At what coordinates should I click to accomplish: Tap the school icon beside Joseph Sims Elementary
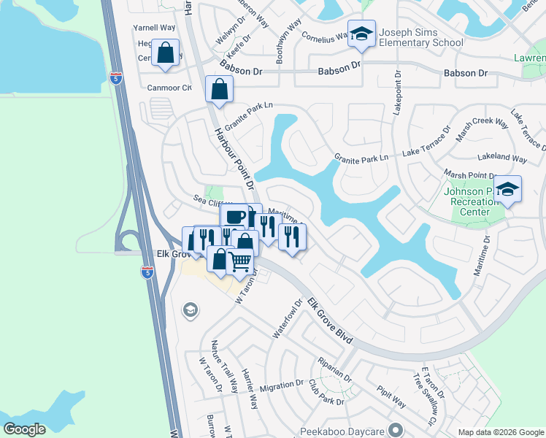(x=361, y=34)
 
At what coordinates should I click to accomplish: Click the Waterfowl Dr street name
(x=288, y=318)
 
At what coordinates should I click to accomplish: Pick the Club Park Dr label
(x=325, y=392)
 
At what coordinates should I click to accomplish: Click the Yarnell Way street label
(x=154, y=28)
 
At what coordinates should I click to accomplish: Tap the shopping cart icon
(x=240, y=260)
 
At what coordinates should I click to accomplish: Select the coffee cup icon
(x=234, y=217)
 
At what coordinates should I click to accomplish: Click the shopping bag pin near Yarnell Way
(x=166, y=53)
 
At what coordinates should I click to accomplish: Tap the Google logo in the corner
(x=24, y=429)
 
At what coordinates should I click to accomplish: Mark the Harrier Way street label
(x=250, y=388)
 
